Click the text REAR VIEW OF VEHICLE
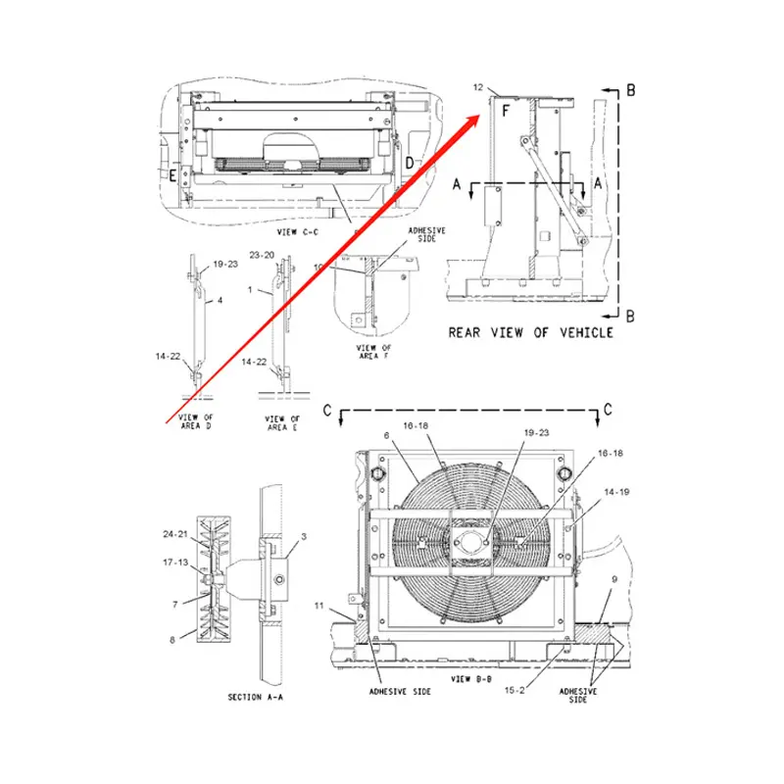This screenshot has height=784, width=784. [530, 332]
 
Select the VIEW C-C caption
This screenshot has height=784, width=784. [299, 231]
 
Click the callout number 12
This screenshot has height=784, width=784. [478, 89]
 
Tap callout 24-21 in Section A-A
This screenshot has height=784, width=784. [176, 534]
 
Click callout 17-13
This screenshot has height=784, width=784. [176, 563]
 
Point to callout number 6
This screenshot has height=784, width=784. [387, 435]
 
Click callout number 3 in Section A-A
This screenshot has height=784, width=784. [305, 537]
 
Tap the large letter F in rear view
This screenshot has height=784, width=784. [505, 113]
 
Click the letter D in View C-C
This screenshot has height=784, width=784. [409, 162]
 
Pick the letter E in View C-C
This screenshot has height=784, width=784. [172, 176]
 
